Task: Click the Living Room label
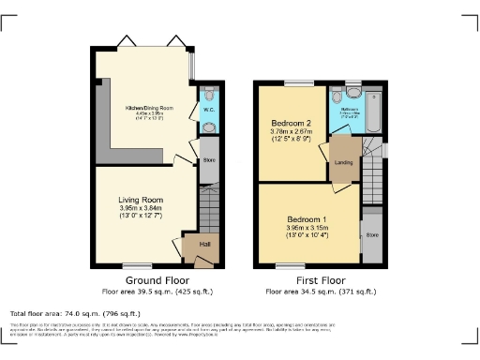point(141,200)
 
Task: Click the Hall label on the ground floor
point(205,245)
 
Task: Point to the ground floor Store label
point(208,159)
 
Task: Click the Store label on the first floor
point(371,234)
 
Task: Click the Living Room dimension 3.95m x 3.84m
point(141,209)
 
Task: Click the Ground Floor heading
point(157,280)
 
